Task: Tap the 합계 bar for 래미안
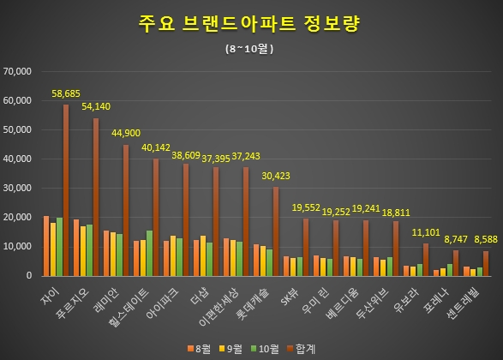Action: click(x=127, y=210)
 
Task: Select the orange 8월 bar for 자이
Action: click(x=45, y=246)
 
